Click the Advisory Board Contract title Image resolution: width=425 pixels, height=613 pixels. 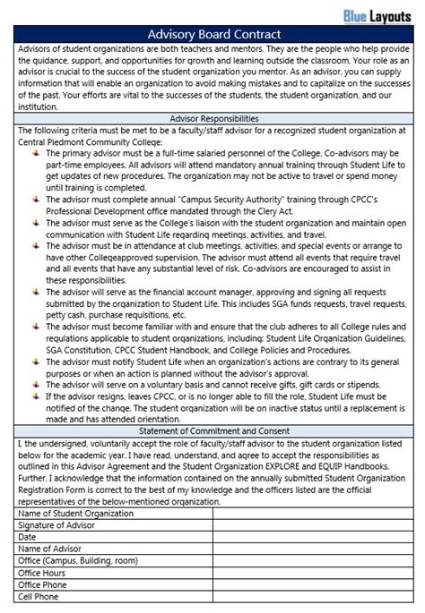click(213, 34)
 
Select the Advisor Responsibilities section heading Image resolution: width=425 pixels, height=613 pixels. click(213, 118)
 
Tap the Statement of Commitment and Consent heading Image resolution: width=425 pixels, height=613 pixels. click(213, 431)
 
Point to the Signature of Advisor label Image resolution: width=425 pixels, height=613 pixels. click(58, 525)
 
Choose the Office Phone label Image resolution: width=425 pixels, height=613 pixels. click(44, 583)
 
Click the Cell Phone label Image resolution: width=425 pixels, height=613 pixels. click(39, 595)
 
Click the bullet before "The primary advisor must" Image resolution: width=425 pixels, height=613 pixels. click(36, 153)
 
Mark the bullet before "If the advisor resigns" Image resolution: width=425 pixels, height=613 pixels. click(36, 396)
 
